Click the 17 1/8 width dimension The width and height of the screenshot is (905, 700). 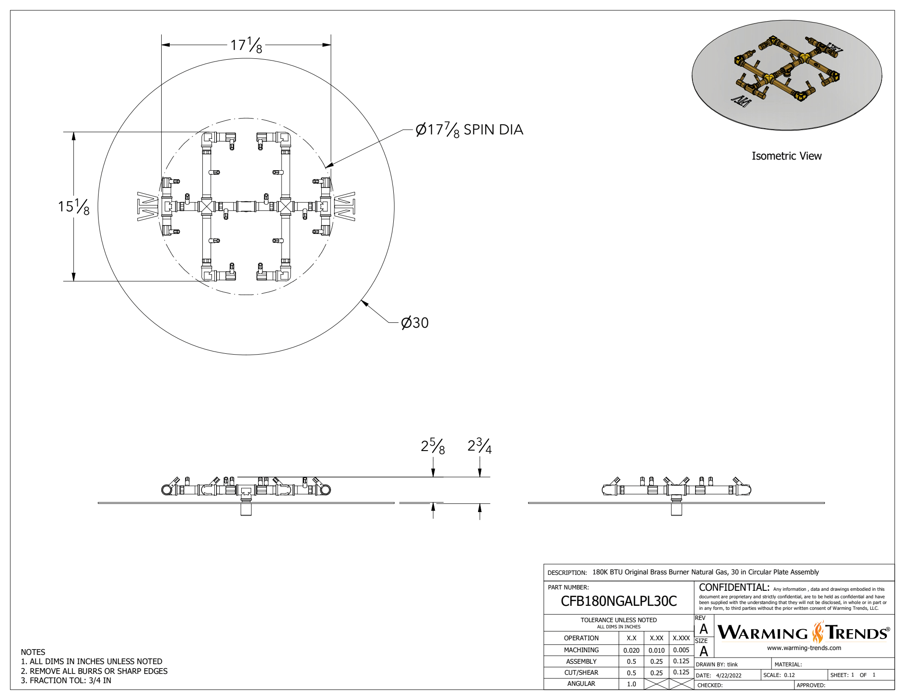click(x=246, y=45)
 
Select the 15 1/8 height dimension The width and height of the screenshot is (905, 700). click(x=73, y=207)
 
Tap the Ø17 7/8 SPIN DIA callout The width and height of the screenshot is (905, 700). click(x=469, y=130)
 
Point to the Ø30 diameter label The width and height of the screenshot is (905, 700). click(x=414, y=323)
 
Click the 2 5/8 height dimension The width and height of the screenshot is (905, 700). click(x=433, y=446)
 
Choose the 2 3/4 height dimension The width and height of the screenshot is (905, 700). click(x=479, y=446)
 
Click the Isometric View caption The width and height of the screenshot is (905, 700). click(x=786, y=156)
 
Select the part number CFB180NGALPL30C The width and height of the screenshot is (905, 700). click(x=618, y=601)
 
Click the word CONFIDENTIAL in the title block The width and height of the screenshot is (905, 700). click(x=734, y=588)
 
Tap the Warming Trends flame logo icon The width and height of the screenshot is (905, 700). click(x=818, y=632)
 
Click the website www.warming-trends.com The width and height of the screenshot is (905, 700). click(x=804, y=648)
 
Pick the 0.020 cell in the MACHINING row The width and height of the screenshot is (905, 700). click(x=631, y=650)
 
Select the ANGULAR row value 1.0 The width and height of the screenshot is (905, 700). click(x=631, y=684)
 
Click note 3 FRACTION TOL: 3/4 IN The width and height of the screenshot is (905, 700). click(x=66, y=681)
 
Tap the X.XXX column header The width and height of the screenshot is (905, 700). click(x=681, y=638)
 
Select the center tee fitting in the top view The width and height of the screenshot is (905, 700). click(x=246, y=206)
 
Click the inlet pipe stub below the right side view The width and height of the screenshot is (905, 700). click(x=676, y=509)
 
